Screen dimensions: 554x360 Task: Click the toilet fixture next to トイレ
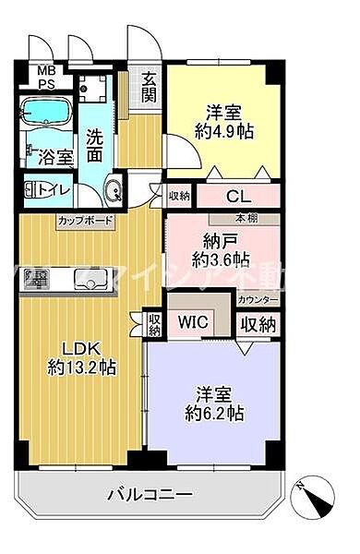click(33, 191)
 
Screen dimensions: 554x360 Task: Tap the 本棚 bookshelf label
click(246, 219)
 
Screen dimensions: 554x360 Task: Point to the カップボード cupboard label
click(86, 221)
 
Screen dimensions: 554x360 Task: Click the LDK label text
click(81, 348)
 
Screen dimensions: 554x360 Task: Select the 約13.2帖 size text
click(81, 368)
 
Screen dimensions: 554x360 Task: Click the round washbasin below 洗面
click(112, 194)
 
